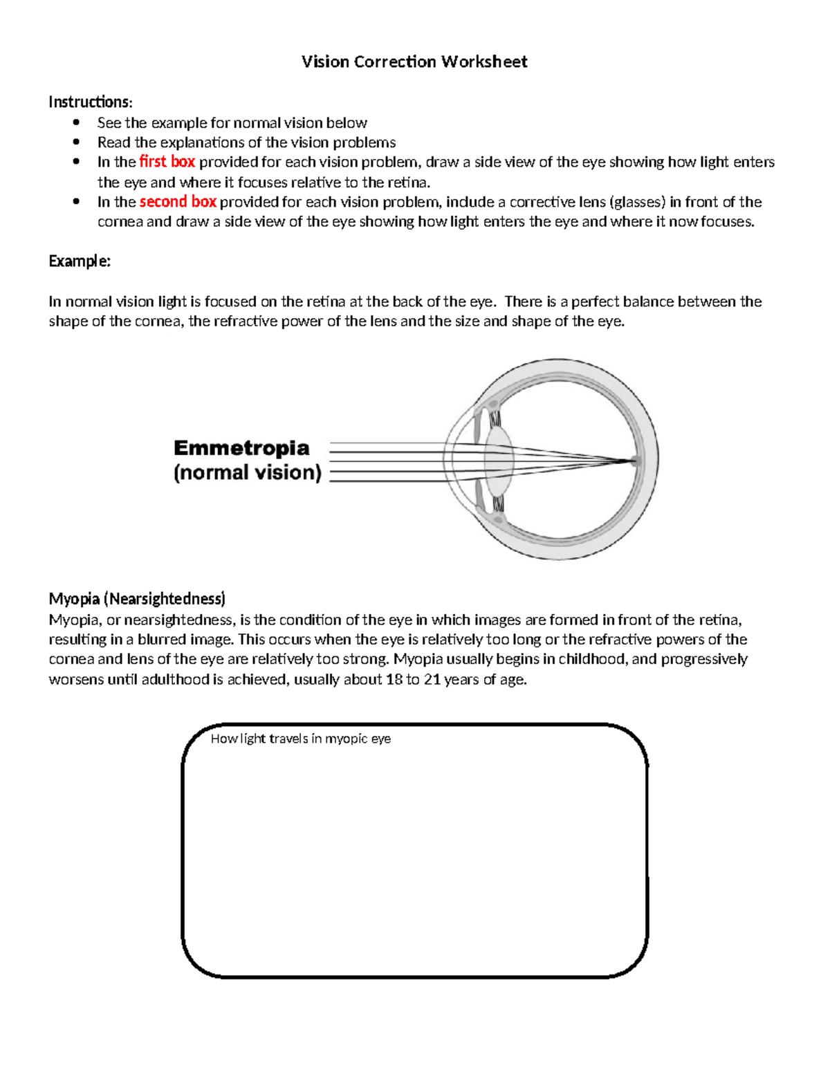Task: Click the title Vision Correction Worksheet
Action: (414, 62)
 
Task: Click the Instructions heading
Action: (90, 102)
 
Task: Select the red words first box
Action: (167, 162)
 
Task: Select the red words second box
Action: (178, 202)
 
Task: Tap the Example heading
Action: (80, 261)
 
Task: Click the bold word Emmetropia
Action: (241, 448)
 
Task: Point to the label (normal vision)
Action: (248, 473)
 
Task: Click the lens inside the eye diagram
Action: (499, 461)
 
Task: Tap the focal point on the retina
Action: (635, 461)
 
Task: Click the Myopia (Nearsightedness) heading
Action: (137, 599)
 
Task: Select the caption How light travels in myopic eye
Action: (300, 739)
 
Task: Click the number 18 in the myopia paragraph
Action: (394, 680)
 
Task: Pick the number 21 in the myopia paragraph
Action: (432, 680)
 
